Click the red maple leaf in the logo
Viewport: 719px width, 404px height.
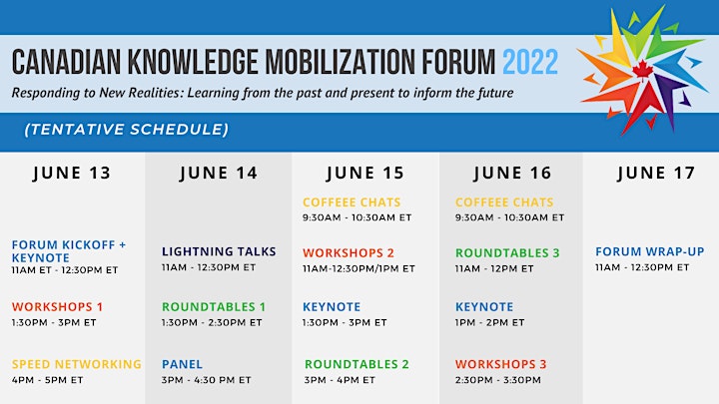pos(642,71)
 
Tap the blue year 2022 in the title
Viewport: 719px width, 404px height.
pos(530,62)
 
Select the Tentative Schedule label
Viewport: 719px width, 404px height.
pos(126,130)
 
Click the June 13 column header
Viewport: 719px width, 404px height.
pos(72,174)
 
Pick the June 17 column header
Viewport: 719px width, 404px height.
pos(656,174)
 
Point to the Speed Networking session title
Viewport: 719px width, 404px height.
pos(77,364)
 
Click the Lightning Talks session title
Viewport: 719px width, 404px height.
pos(219,251)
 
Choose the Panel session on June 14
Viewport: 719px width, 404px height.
pos(182,364)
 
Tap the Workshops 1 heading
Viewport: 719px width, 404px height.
pos(57,307)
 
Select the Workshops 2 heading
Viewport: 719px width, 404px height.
pos(349,252)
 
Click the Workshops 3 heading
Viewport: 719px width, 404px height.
pos(500,364)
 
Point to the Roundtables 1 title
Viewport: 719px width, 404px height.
pos(214,307)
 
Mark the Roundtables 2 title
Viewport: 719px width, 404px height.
pos(357,364)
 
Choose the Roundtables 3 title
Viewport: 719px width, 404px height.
pos(507,252)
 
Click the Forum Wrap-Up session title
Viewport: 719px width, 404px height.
pos(650,251)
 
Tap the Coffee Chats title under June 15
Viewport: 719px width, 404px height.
pos(352,202)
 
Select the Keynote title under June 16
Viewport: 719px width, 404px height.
pos(484,307)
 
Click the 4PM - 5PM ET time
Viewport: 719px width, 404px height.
pos(48,380)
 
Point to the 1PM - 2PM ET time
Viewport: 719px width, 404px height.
pos(489,322)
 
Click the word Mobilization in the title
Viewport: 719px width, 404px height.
pos(341,62)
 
